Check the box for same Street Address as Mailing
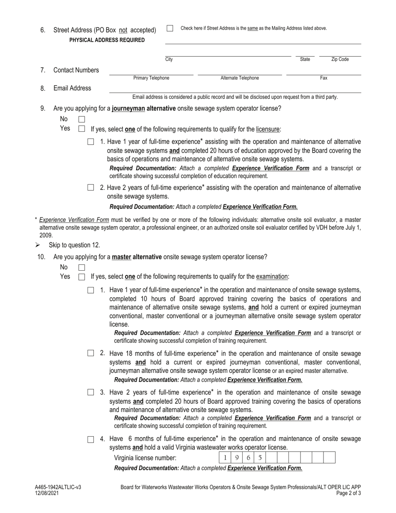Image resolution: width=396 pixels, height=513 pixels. click(x=170, y=28)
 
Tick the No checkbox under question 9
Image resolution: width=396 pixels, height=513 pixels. click(x=82, y=119)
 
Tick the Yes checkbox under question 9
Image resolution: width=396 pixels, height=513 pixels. click(x=82, y=129)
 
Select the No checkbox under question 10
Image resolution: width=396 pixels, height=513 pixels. click(x=82, y=267)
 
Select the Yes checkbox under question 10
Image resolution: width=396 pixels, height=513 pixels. click(x=82, y=277)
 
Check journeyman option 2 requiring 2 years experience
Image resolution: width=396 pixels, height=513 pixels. click(x=90, y=188)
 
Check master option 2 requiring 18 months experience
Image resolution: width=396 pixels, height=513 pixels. click(x=90, y=353)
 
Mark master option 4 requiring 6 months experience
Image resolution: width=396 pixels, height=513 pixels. click(x=90, y=440)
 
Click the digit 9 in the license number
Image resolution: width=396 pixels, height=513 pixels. click(x=237, y=458)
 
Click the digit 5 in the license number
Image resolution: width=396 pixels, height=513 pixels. click(x=260, y=458)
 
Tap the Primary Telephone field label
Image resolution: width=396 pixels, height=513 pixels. click(x=151, y=78)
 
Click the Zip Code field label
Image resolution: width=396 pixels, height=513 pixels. click(x=340, y=60)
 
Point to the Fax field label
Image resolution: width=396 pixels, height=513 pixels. click(x=323, y=78)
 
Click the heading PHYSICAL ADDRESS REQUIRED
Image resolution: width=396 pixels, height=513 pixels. click(x=107, y=40)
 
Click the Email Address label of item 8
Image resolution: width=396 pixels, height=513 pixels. click(x=72, y=88)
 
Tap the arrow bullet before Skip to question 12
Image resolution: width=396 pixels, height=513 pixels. click(x=38, y=245)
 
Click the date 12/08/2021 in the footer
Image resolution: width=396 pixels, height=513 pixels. click(x=47, y=493)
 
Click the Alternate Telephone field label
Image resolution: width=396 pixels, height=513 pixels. click(x=239, y=78)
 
